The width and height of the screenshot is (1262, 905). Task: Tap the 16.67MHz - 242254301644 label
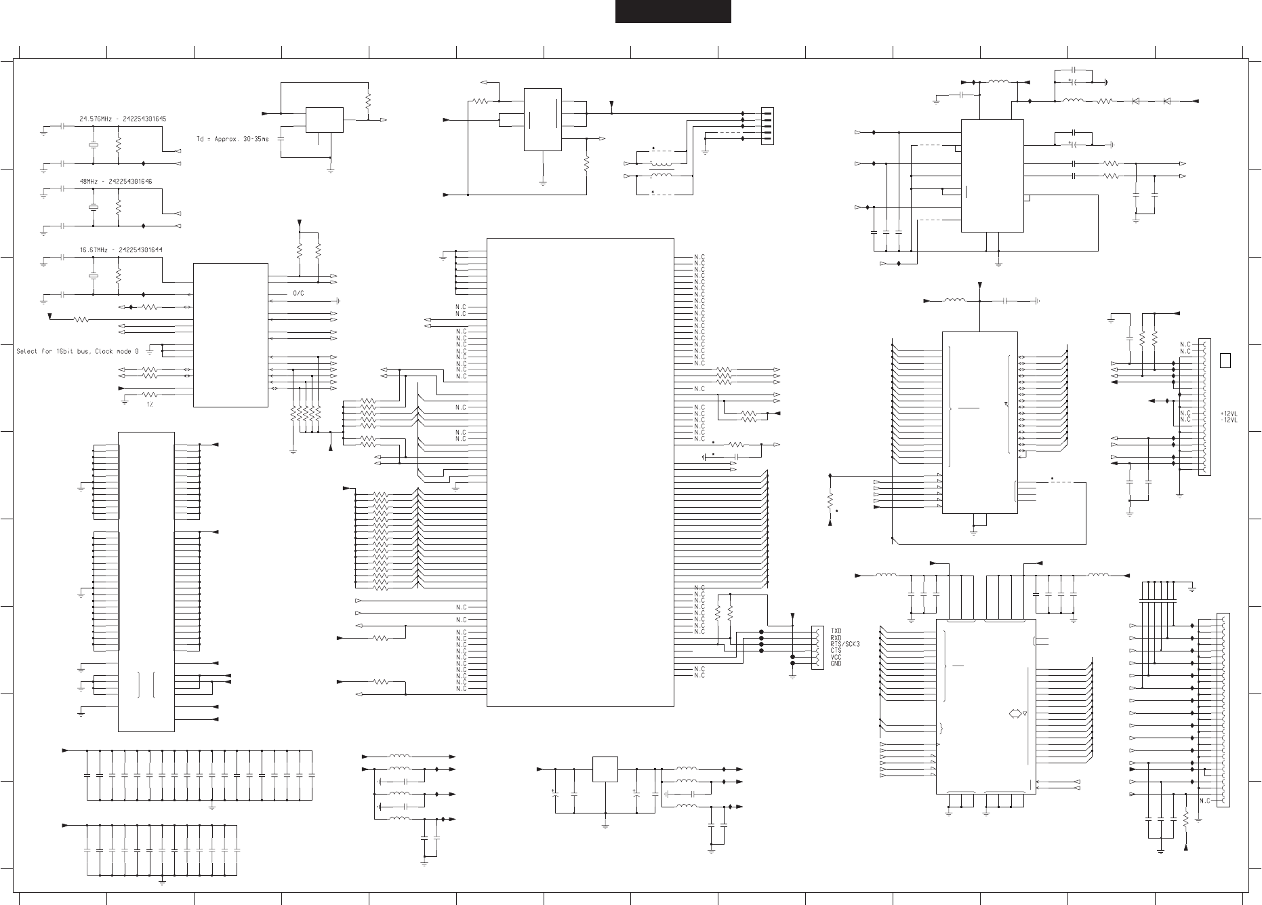coord(121,249)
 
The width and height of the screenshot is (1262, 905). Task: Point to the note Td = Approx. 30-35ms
coord(232,138)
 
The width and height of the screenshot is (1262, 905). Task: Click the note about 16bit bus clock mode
coord(77,351)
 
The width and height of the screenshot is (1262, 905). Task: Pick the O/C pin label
coord(298,294)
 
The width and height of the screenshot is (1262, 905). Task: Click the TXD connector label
coord(836,630)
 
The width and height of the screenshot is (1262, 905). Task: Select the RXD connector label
coord(836,637)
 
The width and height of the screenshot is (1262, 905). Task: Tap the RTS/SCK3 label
coord(845,644)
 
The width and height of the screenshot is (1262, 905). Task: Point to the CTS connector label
coord(836,651)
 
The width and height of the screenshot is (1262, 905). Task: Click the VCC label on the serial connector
coord(836,657)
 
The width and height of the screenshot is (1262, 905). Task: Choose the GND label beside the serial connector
coord(836,664)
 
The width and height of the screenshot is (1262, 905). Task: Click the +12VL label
coord(1229,413)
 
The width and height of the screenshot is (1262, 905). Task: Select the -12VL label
coord(1229,420)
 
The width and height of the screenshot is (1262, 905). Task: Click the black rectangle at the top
coord(672,11)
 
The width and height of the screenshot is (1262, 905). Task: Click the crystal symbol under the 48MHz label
coord(93,207)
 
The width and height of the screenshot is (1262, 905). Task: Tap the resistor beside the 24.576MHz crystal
coord(118,144)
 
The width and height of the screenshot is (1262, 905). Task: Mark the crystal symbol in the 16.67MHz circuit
coord(93,277)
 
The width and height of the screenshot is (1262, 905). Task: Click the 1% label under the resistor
coord(150,404)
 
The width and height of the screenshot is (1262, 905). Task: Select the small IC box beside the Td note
coord(324,120)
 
